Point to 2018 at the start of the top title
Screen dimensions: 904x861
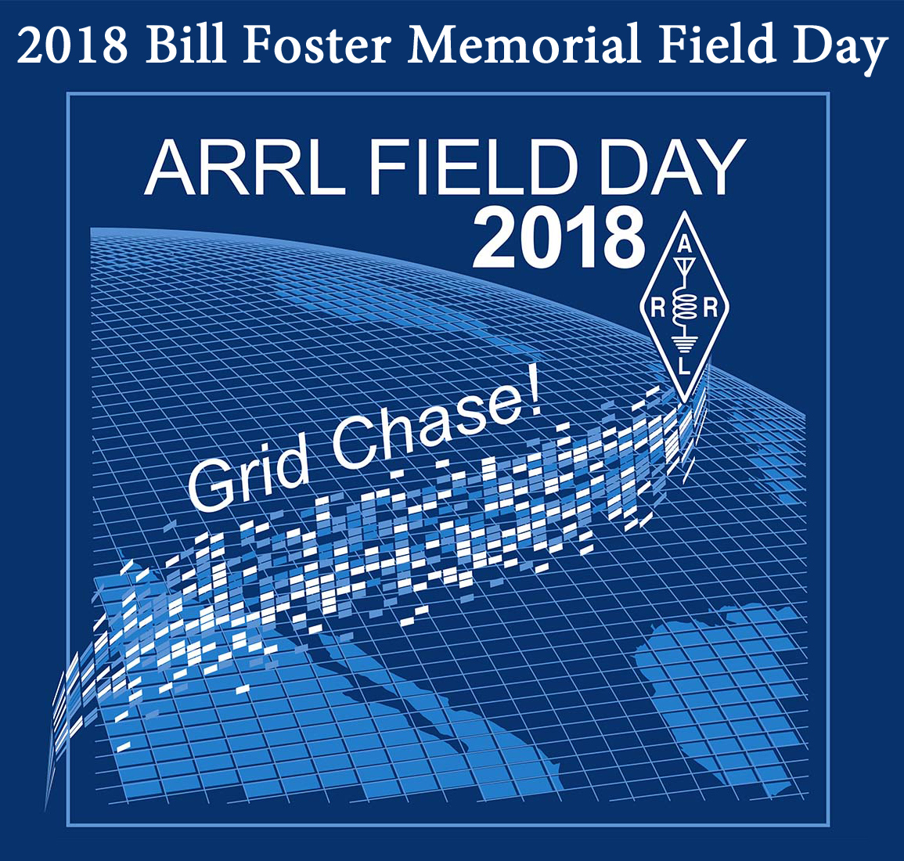[x=71, y=45]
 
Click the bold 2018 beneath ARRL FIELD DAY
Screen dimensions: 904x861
[x=558, y=240]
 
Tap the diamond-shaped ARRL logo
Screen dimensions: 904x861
[x=684, y=307]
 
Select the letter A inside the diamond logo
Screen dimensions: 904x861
[x=684, y=245]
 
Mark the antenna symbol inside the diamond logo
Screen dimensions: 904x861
[x=684, y=266]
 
